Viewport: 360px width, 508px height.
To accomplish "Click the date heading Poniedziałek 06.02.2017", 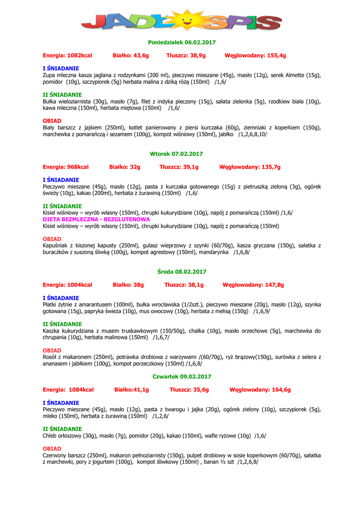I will point(182,43).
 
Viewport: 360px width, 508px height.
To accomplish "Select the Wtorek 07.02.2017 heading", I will point(176,154).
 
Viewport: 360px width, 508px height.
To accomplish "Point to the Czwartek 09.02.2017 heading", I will point(182,377).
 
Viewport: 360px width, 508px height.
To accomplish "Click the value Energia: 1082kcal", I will point(68,56).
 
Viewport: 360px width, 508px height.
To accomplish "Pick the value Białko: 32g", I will point(125,167).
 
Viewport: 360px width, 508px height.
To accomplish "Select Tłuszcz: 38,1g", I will point(184,285).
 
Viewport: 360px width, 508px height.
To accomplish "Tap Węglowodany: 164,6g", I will point(260,389).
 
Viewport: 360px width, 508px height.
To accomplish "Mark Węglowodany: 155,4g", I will point(255,56).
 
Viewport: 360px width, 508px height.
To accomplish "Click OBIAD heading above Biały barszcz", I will point(52,121).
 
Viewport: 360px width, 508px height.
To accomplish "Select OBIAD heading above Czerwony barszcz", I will point(52,448).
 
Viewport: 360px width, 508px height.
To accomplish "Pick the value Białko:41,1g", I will point(132,389).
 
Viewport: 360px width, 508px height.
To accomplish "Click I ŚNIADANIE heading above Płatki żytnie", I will point(61,298).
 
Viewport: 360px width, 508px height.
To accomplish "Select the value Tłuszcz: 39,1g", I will point(179,167).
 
